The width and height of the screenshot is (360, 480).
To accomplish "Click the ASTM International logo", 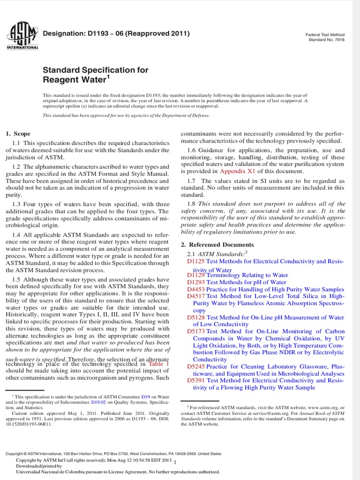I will click(22, 35).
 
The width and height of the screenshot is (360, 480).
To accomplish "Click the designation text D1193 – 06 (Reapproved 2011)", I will click(116, 34).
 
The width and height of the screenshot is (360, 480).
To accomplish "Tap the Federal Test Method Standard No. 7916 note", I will click(325, 37).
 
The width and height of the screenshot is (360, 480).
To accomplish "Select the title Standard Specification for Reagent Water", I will click(96, 75).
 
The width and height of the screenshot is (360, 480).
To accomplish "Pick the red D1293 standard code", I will click(196, 283).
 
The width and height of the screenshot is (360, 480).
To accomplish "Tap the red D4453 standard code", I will click(196, 290).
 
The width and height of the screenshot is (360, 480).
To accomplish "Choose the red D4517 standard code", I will click(196, 297).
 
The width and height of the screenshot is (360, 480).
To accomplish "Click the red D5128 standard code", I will click(196, 317).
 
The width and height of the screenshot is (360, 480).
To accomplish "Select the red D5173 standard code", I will click(196, 331).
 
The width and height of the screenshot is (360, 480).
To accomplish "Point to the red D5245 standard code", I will click(196, 367).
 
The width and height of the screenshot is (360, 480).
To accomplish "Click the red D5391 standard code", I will click(196, 381).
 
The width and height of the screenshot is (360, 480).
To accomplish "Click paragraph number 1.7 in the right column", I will click(192, 181).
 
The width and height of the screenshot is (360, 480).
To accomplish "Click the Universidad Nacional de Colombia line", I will click(106, 472).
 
